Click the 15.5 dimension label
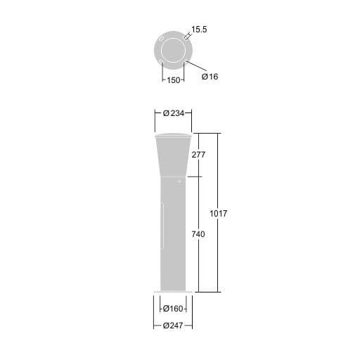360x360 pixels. pyautogui.click(x=199, y=30)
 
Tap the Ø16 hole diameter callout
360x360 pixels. pyautogui.click(x=210, y=77)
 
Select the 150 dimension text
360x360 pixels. pyautogui.click(x=174, y=80)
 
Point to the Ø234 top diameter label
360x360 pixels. pyautogui.click(x=174, y=113)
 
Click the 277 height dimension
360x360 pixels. pyautogui.click(x=198, y=155)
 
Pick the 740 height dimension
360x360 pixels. pyautogui.click(x=198, y=234)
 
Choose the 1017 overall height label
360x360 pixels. pyautogui.click(x=219, y=214)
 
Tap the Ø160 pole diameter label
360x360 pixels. pyautogui.click(x=173, y=309)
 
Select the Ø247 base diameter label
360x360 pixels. pyautogui.click(x=173, y=326)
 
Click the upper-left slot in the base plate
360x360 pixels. pyautogui.click(x=161, y=39)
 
